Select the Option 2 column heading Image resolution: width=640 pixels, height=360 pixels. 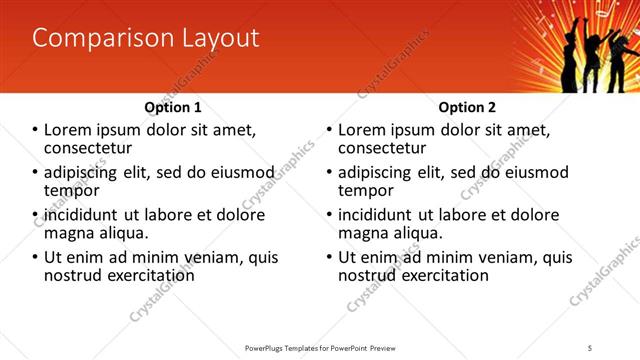tap(467, 107)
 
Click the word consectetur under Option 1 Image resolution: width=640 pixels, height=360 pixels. tap(91, 147)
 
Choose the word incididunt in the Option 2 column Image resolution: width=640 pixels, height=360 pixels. tap(380, 215)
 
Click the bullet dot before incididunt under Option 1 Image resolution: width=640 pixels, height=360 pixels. tap(35, 215)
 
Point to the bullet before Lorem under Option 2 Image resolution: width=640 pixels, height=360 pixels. tap(329, 130)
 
